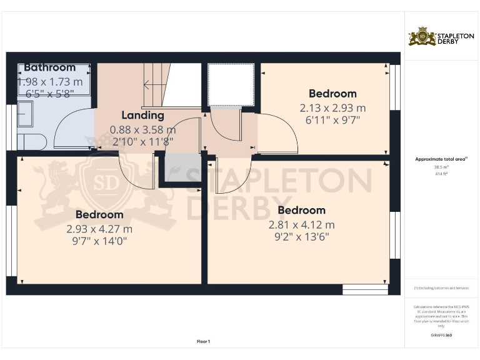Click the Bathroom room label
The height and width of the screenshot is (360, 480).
(49, 67)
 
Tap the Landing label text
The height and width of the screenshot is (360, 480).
(142, 115)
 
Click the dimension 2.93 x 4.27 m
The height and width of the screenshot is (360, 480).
(99, 229)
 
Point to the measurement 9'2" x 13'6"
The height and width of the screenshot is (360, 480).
(301, 237)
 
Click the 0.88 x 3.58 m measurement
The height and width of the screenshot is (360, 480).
(142, 130)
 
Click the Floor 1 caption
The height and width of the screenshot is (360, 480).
(204, 341)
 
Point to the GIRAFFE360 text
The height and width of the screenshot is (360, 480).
(441, 336)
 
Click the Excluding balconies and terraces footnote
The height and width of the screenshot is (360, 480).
(441, 288)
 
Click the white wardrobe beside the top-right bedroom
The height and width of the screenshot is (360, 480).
(231, 84)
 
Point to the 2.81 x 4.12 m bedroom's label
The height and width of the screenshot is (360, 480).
(301, 210)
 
